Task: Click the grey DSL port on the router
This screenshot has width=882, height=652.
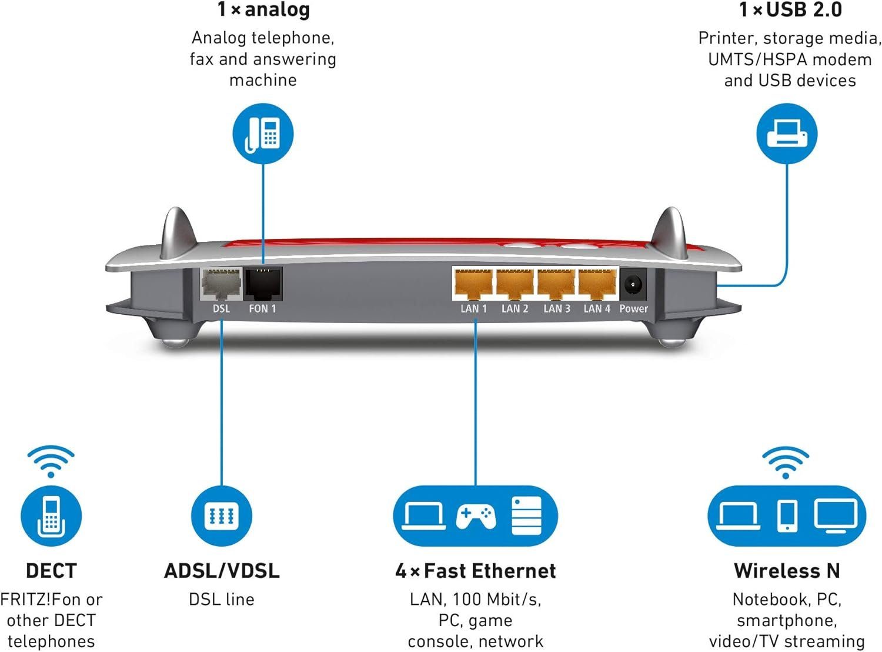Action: point(221,285)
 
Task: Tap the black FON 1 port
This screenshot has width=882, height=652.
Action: point(263,284)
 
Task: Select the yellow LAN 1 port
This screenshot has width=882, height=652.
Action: point(473,284)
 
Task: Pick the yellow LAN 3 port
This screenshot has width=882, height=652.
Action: point(556,284)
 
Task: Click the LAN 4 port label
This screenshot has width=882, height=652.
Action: point(596,308)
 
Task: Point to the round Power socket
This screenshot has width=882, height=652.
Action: point(633,285)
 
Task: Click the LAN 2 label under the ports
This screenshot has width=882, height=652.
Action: point(514,308)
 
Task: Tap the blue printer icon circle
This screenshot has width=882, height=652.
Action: point(786,134)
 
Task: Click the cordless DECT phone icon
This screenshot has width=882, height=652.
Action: point(51,516)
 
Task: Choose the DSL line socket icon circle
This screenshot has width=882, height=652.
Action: point(222,516)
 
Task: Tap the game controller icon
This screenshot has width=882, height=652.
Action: point(475,516)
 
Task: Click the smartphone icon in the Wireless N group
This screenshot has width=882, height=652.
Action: point(787,516)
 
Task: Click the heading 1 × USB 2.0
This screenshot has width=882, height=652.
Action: point(790,10)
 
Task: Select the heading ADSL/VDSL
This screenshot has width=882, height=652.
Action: point(222,571)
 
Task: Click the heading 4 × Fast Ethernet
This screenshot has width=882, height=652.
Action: point(475,571)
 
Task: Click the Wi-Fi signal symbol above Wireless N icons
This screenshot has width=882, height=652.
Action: point(786,462)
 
